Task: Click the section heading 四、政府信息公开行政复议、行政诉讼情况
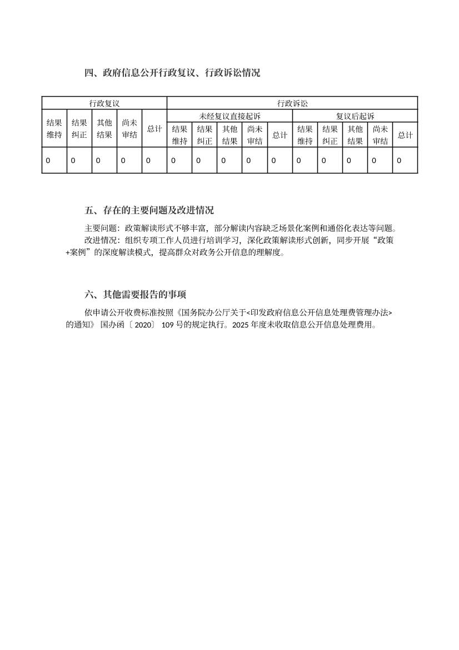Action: pos(172,72)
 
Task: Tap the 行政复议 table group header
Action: pos(104,103)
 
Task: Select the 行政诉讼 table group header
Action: pos(292,103)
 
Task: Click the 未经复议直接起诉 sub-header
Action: pos(229,116)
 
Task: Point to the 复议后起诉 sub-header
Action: pos(355,116)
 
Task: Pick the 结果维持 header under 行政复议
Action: pos(54,128)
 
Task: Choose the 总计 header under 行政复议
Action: pos(154,128)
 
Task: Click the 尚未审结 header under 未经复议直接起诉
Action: pos(255,135)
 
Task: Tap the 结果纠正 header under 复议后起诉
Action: pos(330,135)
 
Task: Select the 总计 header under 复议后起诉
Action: pos(405,135)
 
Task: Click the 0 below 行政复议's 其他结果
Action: pos(98,161)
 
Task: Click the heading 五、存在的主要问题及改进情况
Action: pos(149,210)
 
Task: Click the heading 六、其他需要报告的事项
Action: pos(139,295)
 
